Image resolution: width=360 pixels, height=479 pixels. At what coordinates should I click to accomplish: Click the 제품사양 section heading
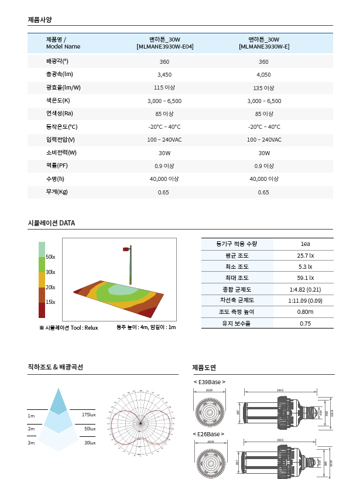40,19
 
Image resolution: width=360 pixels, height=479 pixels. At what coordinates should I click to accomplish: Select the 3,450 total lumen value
164,75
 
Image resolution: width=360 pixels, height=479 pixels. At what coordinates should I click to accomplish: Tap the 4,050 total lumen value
263,75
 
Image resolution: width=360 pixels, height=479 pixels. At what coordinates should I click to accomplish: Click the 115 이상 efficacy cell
164,88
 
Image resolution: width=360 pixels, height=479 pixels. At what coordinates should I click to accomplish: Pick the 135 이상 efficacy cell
263,88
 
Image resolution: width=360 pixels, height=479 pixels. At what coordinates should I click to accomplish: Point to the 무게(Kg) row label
57,192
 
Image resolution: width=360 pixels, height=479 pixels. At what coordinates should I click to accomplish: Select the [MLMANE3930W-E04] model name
164,46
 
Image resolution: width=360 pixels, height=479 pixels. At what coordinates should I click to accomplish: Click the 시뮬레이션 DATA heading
52,223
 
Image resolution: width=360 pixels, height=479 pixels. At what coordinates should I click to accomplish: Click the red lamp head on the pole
126,249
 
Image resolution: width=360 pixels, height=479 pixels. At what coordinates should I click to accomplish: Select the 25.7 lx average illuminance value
305,255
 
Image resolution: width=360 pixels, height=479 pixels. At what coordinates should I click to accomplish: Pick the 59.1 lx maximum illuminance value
305,278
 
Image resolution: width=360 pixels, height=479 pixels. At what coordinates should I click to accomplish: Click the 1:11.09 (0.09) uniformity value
305,300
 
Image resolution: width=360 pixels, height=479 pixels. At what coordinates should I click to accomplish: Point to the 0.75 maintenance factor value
305,323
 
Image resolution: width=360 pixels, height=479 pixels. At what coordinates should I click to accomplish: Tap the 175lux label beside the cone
89,415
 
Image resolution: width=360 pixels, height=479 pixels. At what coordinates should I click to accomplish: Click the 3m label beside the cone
31,443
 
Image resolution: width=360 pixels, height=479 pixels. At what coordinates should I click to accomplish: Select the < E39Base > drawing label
209,382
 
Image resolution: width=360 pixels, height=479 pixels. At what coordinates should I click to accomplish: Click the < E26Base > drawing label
209,433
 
